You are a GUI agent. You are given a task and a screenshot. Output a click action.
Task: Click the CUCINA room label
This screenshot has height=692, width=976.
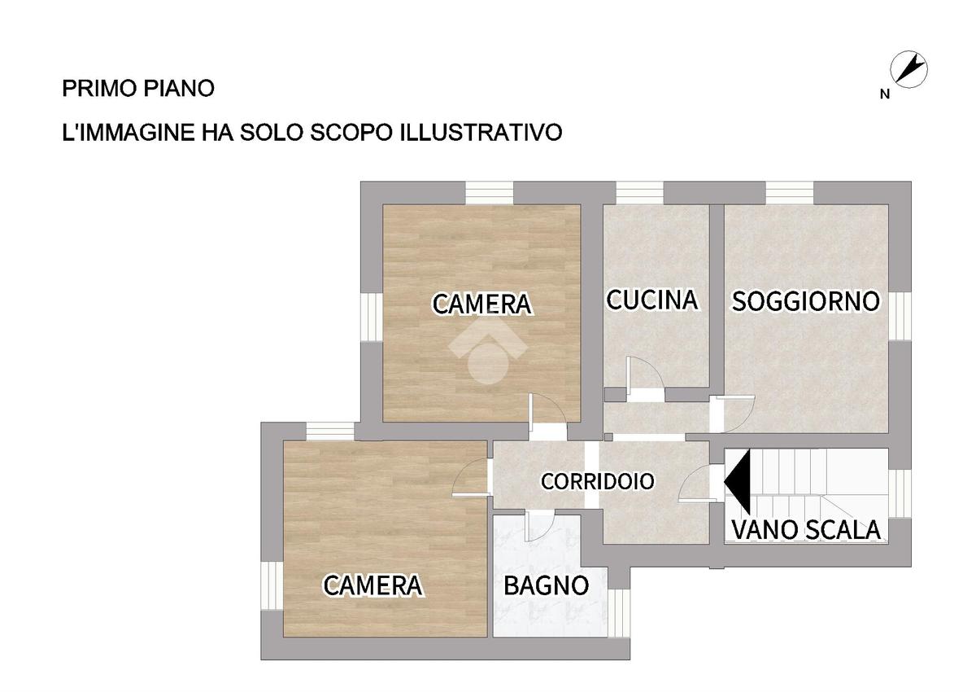[651, 300]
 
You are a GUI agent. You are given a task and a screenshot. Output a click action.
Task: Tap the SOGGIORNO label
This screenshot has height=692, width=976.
[806, 301]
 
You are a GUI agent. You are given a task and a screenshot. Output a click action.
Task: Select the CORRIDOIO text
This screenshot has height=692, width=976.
[597, 481]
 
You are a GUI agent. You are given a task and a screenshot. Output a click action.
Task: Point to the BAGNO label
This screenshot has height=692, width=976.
[547, 585]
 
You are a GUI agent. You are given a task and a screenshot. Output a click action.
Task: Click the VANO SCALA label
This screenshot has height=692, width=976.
[806, 530]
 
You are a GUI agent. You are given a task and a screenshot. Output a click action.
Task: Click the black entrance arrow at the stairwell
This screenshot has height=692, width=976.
[738, 482]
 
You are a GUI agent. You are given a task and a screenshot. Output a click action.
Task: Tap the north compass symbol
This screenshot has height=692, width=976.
[908, 70]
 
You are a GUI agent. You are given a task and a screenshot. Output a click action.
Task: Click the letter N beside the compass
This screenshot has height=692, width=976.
[885, 94]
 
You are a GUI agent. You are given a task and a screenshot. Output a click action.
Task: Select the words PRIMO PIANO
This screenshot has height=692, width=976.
[138, 89]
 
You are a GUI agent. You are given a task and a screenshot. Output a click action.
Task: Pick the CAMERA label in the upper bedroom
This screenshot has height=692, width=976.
[481, 304]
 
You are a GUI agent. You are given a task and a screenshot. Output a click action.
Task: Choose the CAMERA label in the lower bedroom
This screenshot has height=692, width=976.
[373, 585]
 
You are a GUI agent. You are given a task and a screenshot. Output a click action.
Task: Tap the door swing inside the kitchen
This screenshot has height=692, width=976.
[645, 373]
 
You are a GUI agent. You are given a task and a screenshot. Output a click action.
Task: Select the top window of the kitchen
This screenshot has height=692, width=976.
[639, 193]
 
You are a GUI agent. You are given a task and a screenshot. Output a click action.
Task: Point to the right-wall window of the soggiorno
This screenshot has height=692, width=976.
[900, 316]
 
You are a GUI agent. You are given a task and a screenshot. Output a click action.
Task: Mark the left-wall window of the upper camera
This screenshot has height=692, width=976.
[372, 317]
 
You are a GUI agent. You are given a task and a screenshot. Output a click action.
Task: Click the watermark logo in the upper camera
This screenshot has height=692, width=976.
[488, 353]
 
